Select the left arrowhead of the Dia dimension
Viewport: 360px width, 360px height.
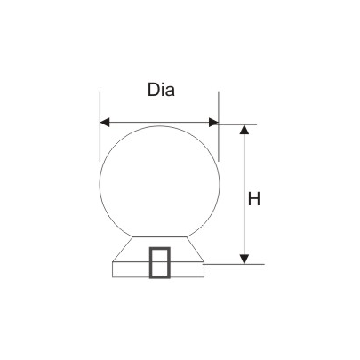104,123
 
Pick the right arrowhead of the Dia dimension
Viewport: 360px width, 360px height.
212,123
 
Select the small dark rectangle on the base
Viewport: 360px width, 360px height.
160,263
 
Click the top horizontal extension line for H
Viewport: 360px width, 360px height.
236,124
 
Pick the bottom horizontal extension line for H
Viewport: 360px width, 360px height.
236,264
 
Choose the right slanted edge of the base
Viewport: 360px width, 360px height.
196,249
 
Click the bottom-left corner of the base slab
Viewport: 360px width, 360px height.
111,277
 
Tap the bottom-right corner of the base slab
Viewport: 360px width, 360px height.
207,277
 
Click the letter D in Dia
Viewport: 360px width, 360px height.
151,91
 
